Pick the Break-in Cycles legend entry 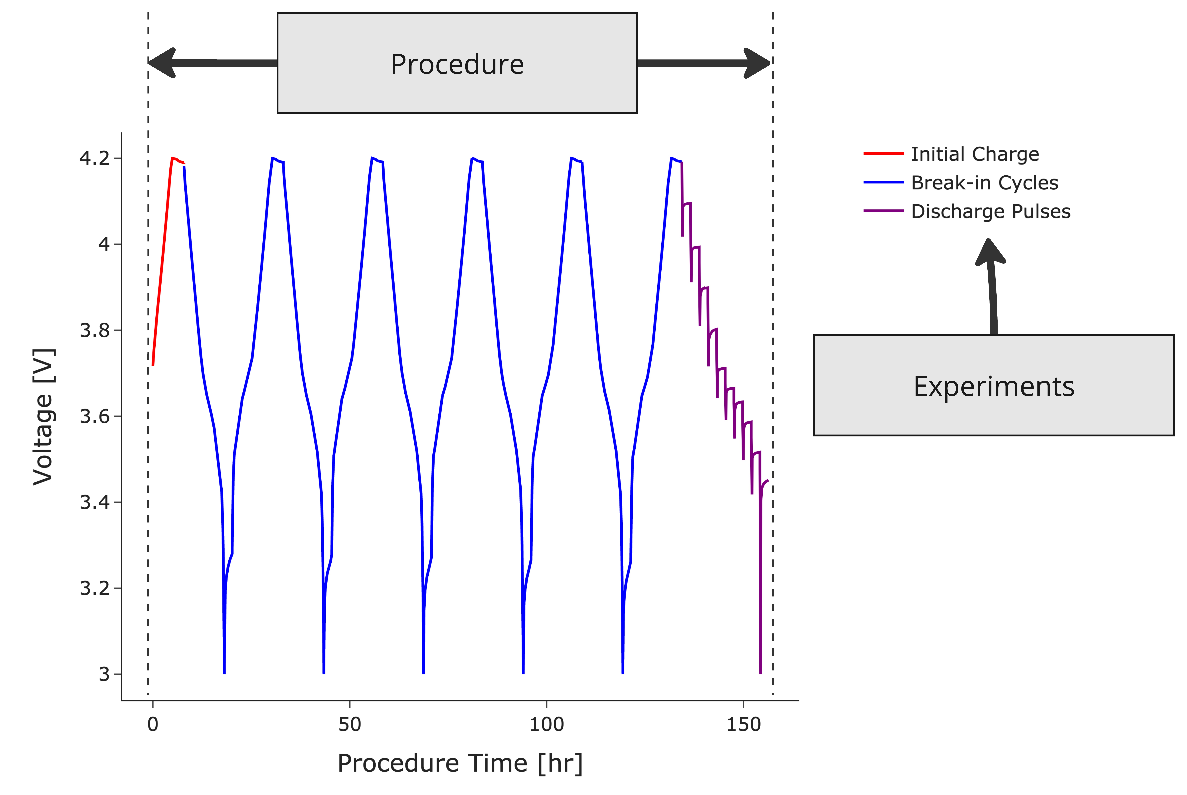(984, 183)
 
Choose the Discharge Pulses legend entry (990, 211)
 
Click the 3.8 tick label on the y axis (95, 331)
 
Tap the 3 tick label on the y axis (104, 674)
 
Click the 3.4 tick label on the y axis (95, 502)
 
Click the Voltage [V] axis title (43, 417)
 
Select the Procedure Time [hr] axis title (460, 763)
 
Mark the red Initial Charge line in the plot (162, 264)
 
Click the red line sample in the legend (883, 153)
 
